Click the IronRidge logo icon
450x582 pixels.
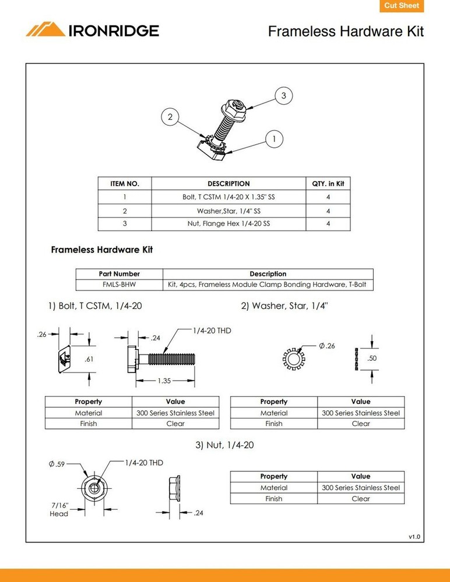pyautogui.click(x=45, y=30)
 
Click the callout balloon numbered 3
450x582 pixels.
pyautogui.click(x=283, y=95)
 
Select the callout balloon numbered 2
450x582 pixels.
pyautogui.click(x=170, y=117)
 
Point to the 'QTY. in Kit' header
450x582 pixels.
pyautogui.click(x=328, y=183)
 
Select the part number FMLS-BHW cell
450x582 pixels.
pyautogui.click(x=119, y=285)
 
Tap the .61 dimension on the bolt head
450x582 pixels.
pyautogui.click(x=89, y=359)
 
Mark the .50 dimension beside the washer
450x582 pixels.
pyautogui.click(x=372, y=359)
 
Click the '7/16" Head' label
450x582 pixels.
pyautogui.click(x=59, y=510)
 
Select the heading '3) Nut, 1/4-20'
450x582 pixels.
pyautogui.click(x=224, y=445)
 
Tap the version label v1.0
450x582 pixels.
pyautogui.click(x=414, y=536)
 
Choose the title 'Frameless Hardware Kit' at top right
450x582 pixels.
pyautogui.click(x=346, y=31)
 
